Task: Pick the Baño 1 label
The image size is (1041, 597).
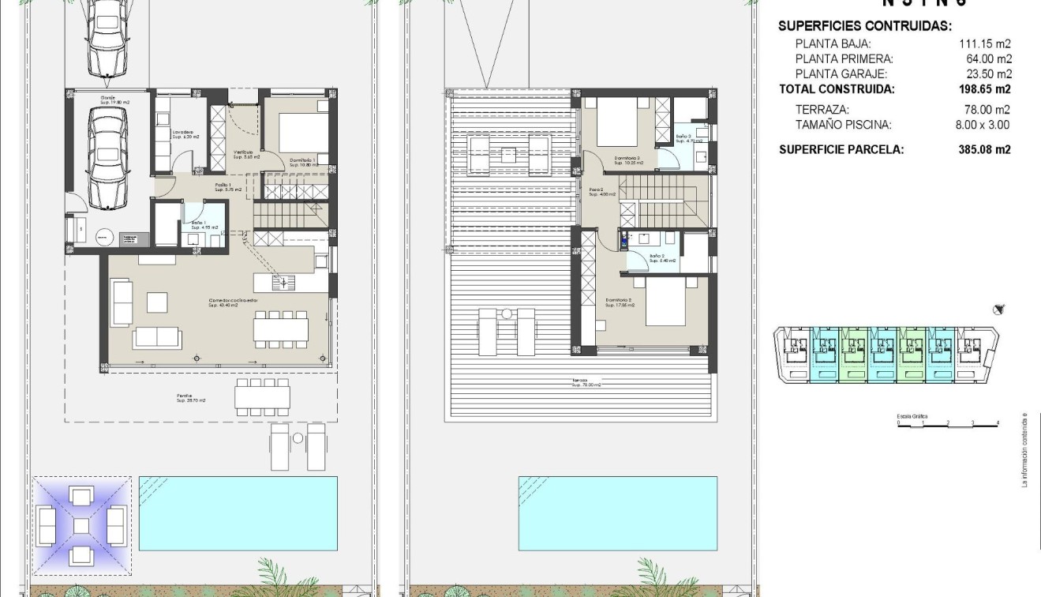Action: [x=200, y=225]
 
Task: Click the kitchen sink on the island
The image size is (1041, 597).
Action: [x=282, y=281]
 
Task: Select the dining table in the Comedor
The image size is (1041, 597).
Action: [x=281, y=328]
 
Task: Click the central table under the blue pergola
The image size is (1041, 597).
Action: [x=81, y=524]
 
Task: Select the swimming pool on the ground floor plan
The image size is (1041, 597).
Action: [x=238, y=513]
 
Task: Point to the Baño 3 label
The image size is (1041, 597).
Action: [x=684, y=138]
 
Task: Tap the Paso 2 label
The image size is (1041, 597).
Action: [x=597, y=192]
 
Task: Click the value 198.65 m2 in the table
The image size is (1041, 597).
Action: [x=984, y=89]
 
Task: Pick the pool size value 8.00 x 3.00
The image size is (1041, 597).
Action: [x=982, y=125]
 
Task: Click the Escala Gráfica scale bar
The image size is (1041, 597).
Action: [x=948, y=423]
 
